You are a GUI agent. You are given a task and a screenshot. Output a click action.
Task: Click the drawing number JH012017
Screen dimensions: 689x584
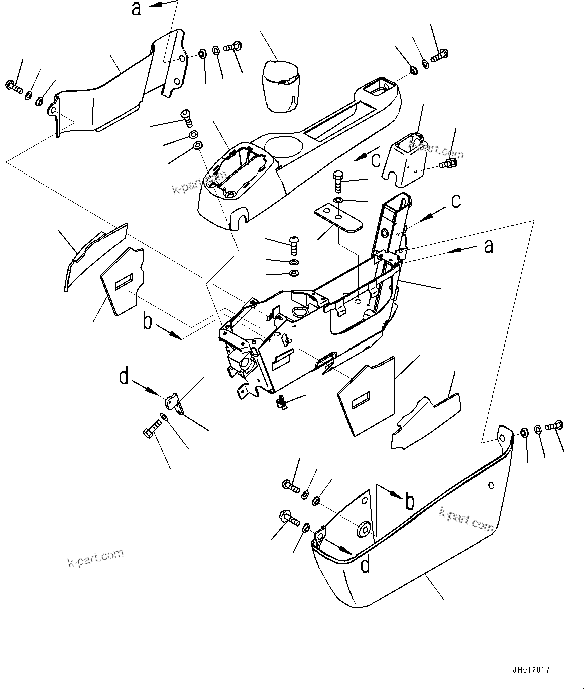click(x=531, y=669)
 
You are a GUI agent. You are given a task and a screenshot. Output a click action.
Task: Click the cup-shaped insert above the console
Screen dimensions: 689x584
click(x=281, y=86)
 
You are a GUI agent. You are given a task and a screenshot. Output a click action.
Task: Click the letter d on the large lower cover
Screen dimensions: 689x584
click(x=366, y=565)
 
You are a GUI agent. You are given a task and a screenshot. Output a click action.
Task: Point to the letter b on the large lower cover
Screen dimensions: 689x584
click(x=410, y=501)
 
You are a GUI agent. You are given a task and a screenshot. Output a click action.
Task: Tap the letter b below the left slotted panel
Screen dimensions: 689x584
click(x=147, y=322)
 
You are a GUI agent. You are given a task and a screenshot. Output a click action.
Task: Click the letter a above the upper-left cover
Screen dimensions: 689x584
click(x=137, y=9)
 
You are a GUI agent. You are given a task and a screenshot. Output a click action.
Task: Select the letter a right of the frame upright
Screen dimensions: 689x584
click(x=488, y=246)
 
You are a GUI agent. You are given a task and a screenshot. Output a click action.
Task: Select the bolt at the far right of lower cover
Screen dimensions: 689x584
click(x=554, y=426)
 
